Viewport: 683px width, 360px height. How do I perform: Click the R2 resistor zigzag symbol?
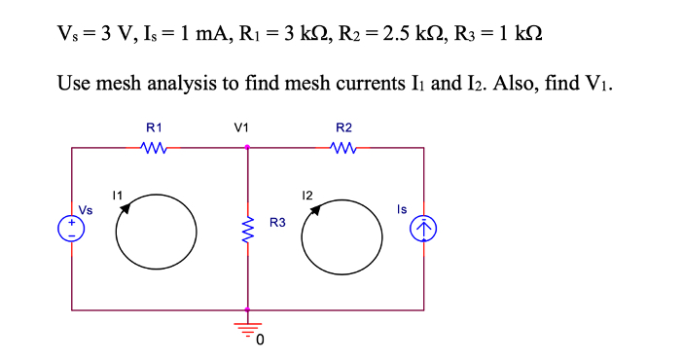(343, 149)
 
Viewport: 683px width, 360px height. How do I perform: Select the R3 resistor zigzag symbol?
(248, 230)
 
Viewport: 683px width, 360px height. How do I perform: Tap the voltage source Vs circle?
(72, 229)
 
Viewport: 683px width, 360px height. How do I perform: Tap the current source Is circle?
(423, 229)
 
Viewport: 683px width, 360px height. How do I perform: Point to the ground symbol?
(248, 329)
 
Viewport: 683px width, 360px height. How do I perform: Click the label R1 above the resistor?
(154, 127)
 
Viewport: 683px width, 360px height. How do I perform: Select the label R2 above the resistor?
(343, 127)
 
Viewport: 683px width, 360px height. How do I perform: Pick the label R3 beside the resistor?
(277, 224)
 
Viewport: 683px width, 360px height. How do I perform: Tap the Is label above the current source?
(403, 208)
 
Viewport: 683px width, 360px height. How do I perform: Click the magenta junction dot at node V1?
(248, 148)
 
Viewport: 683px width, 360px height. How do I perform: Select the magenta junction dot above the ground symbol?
(248, 309)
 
